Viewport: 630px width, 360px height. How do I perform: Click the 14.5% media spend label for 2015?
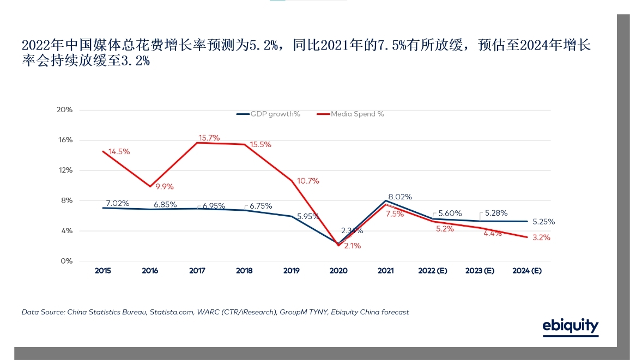point(119,151)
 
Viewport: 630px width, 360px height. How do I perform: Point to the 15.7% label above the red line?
point(209,138)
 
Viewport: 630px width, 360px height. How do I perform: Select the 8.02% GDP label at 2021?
point(400,197)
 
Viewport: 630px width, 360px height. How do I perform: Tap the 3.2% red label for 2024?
point(541,237)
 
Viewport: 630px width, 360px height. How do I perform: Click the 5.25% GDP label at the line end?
point(543,222)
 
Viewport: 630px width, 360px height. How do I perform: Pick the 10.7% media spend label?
point(308,181)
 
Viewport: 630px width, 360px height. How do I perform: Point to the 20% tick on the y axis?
point(65,109)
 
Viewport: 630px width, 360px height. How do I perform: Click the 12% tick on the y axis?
point(65,170)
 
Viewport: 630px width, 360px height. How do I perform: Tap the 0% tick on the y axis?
point(67,261)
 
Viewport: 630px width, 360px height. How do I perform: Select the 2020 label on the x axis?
point(338,271)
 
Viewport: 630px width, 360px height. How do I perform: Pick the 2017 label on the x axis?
point(197,271)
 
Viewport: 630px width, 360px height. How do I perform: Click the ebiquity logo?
point(570,326)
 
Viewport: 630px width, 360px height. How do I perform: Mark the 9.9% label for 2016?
point(165,187)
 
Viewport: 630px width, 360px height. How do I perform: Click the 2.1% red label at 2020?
point(352,246)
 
